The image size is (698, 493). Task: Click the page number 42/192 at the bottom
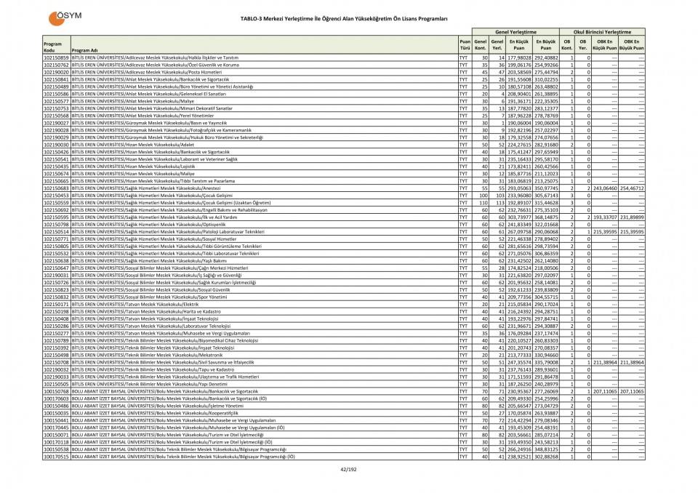click(349, 470)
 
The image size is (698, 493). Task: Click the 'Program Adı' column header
click(84, 50)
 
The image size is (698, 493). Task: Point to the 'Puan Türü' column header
click(464, 44)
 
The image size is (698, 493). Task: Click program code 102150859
click(56, 57)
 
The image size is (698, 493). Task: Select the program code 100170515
click(56, 457)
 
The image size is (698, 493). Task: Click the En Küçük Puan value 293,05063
click(519, 188)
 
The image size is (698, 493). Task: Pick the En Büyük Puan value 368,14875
click(545, 217)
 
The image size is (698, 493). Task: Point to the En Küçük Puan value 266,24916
click(519, 449)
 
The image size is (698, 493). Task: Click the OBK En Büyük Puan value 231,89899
click(632, 217)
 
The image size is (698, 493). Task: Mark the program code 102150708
click(56, 362)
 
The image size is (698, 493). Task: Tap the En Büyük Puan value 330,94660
click(545, 355)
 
